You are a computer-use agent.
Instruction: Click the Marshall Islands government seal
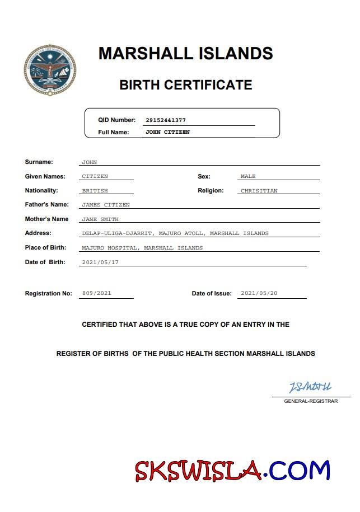pyautogui.click(x=50, y=71)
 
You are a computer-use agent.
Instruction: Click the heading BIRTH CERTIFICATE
pyautogui.click(x=185, y=85)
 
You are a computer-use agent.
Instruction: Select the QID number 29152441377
pyautogui.click(x=165, y=120)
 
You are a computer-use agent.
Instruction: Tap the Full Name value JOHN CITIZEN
pyautogui.click(x=167, y=133)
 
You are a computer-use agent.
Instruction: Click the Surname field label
pyautogui.click(x=39, y=162)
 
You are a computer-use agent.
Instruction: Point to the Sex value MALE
pyautogui.click(x=248, y=176)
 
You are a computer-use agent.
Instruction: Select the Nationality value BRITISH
pyautogui.click(x=95, y=191)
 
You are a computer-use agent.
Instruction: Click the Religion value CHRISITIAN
pyautogui.click(x=259, y=191)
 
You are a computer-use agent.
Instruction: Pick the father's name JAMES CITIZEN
pyautogui.click(x=106, y=205)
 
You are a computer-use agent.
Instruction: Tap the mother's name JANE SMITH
pyautogui.click(x=100, y=219)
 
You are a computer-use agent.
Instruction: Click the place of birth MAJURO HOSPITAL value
pyautogui.click(x=142, y=247)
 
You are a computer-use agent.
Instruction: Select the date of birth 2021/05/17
pyautogui.click(x=100, y=262)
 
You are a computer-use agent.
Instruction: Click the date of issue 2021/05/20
pyautogui.click(x=259, y=293)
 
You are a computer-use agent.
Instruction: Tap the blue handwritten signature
pyautogui.click(x=310, y=387)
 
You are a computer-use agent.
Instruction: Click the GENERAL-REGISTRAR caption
pyautogui.click(x=311, y=401)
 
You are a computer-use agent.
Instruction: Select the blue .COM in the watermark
pyautogui.click(x=299, y=471)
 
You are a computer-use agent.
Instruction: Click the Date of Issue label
pyautogui.click(x=212, y=294)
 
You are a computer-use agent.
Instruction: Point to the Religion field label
pyautogui.click(x=211, y=191)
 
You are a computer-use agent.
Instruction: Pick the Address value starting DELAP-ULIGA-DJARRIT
pyautogui.click(x=175, y=233)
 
